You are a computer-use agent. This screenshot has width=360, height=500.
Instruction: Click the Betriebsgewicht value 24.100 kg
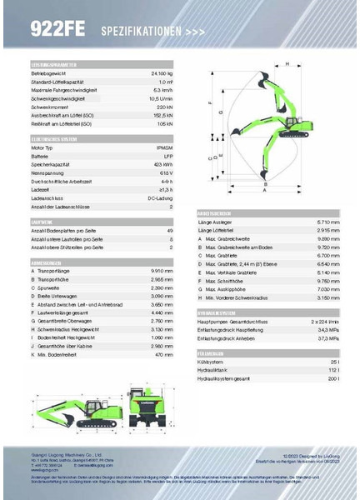pos(161,75)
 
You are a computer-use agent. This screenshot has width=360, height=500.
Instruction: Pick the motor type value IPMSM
pos(165,147)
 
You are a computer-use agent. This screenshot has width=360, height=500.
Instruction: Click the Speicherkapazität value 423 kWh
pos(163,164)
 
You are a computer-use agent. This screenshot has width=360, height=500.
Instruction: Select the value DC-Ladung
pos(162,197)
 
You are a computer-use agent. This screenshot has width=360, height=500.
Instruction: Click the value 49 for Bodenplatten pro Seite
pos(170,230)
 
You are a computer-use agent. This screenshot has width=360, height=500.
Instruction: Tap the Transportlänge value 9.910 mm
pos(162,270)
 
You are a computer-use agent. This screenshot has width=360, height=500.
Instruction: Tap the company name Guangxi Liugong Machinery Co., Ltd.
pos(62,455)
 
